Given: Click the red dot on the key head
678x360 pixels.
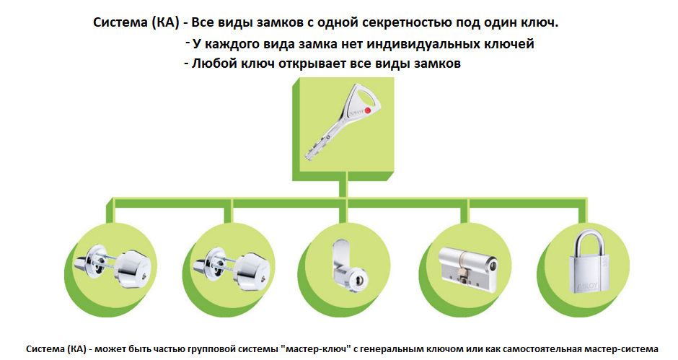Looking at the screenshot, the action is (368, 110).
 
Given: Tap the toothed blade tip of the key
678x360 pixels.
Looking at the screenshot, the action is (309, 156).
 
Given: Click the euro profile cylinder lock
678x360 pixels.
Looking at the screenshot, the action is (468, 268).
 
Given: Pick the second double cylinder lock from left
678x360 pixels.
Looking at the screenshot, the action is (232, 268).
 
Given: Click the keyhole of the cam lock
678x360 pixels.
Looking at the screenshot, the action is (357, 278).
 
